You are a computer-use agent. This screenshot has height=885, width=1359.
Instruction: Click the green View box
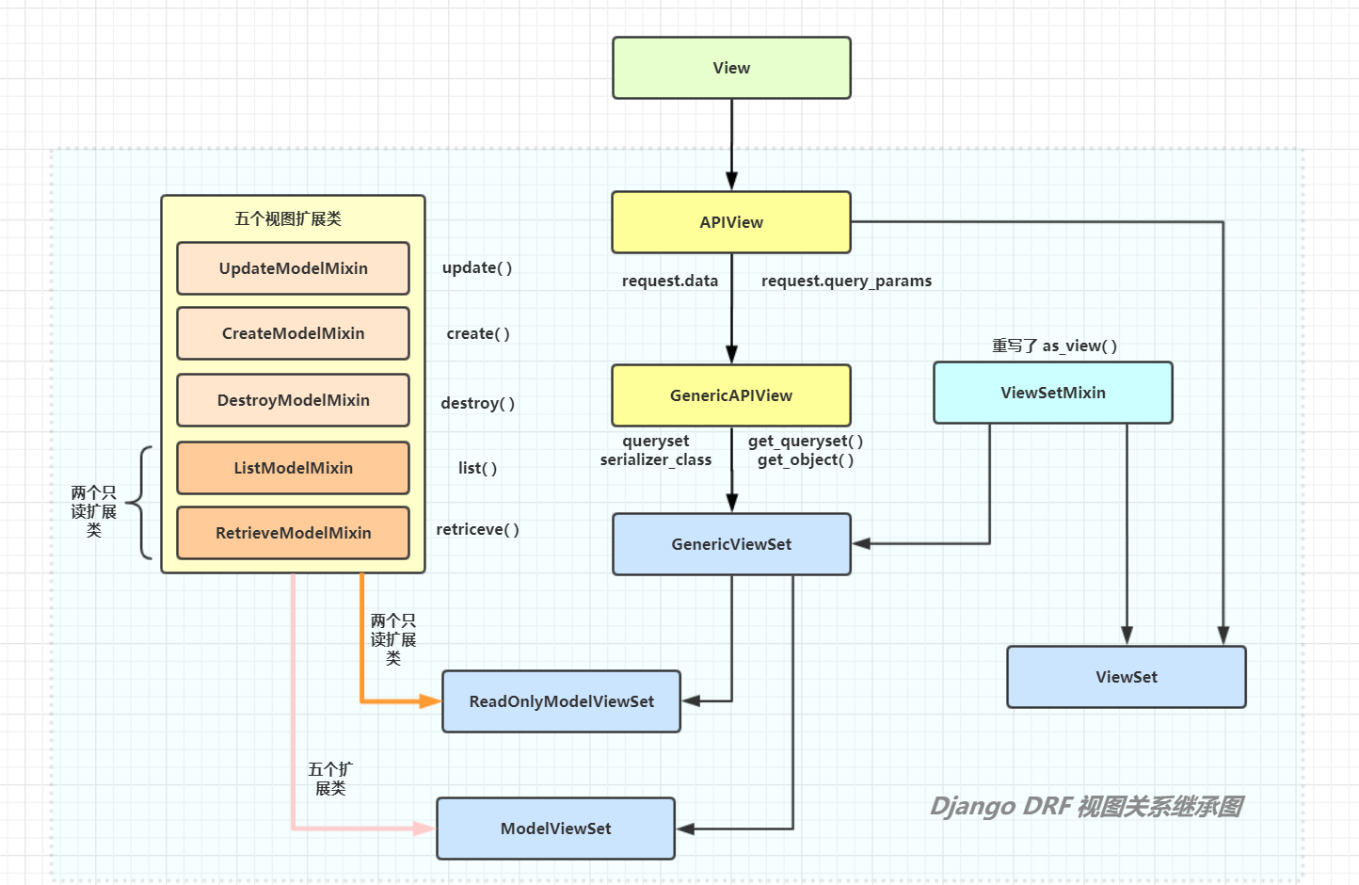[x=731, y=68]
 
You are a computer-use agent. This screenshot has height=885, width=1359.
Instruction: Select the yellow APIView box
[x=731, y=222]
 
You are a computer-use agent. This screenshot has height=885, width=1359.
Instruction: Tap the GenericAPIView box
[x=731, y=395]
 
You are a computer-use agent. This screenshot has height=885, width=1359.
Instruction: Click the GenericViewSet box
[x=731, y=544]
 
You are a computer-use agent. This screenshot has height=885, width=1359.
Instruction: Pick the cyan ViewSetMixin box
[x=1053, y=393]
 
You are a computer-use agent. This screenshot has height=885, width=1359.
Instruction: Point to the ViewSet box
[x=1127, y=677]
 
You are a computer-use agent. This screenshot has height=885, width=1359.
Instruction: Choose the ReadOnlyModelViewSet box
[x=561, y=701]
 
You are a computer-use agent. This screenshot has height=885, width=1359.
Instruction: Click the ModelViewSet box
[x=555, y=829]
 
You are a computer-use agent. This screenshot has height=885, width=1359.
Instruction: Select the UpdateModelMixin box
[x=293, y=268]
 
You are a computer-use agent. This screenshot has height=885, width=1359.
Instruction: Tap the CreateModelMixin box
[x=293, y=333]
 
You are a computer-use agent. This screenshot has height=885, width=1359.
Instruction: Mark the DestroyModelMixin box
[x=293, y=400]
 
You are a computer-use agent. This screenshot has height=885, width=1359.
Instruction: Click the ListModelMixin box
[x=293, y=468]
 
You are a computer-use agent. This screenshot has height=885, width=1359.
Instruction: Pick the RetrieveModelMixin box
[x=293, y=533]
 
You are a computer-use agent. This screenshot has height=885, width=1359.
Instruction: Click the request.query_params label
[x=846, y=281]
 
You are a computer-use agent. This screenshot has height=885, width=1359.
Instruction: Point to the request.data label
[x=670, y=281]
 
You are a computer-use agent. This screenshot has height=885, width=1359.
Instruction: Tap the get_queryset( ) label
[x=806, y=441]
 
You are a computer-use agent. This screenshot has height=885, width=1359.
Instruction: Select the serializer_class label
[x=656, y=459]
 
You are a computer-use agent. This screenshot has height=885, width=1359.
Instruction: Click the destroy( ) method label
[x=478, y=403]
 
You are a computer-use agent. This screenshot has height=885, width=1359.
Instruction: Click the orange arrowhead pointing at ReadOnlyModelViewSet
[x=430, y=701]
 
